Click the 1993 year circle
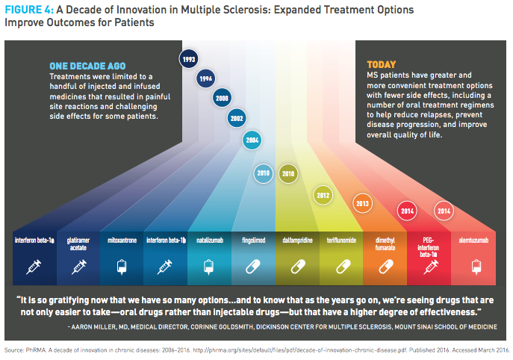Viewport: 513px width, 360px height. pos(188,59)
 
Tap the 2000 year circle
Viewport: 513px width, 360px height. pos(222,98)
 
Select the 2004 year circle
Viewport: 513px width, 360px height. pos(252,140)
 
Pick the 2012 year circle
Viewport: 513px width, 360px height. pos(323,196)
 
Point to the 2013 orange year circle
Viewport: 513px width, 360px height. pos(362,203)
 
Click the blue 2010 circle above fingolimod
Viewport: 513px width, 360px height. pos(263,173)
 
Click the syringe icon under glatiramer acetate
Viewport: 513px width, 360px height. pos(78,267)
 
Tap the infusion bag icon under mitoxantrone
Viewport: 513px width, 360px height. pos(122,267)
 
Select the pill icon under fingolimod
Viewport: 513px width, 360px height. pos(253,267)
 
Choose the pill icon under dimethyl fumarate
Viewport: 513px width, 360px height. pos(386,267)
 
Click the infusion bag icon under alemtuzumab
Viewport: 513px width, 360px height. pos(476,267)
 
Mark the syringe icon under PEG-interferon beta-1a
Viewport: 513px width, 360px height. pos(431,267)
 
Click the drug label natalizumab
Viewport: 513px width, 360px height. pos(210,240)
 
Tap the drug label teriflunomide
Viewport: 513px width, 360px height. pos(341,240)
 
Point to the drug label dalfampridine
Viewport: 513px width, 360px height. pos(297,240)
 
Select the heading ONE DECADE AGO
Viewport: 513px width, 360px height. pos(87,66)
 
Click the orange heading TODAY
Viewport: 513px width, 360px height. pos(381,64)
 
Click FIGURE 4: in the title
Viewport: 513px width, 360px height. pos(29,10)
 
